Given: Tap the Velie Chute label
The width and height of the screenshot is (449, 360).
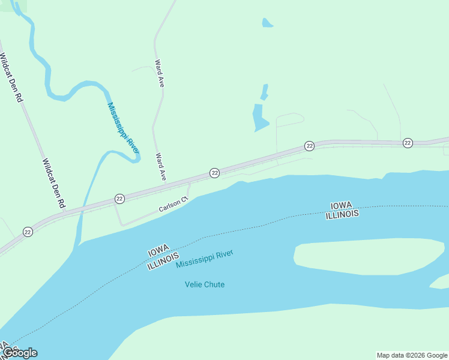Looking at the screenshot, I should pos(204,284).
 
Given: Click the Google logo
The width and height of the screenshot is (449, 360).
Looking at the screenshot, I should pos(20,353).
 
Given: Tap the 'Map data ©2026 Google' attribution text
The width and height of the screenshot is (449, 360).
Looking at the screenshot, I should pos(412,355).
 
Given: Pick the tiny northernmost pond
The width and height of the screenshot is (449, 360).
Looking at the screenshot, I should pos(267,23).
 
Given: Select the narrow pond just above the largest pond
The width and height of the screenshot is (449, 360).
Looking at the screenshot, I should pos(264,92).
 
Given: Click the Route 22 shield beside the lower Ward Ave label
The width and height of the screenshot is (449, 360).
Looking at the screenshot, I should pos(214,173).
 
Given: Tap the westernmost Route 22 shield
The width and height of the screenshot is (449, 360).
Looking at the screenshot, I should pos(28,232).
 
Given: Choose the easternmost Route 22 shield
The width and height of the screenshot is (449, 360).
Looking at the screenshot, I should pos(408,142).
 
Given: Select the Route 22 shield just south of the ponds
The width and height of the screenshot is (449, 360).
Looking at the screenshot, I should pos(309,146).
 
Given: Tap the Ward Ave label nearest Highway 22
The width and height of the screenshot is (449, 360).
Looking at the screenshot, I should pos(160,167).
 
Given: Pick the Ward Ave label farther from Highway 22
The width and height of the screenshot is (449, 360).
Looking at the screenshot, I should pos(159,74).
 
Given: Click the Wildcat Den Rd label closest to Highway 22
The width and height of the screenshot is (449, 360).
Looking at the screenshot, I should pos(53,183).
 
